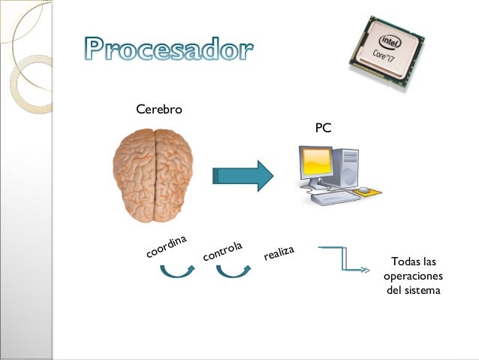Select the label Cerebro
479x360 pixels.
pos(159,110)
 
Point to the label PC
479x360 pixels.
pos(323,129)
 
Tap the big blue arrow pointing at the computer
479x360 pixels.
pos(242,176)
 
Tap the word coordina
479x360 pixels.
pos(166,247)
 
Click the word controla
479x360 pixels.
pos(223,251)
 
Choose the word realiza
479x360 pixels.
pos(278,253)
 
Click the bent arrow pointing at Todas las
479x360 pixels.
pos(345,259)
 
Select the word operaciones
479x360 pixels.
pos(413,276)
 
